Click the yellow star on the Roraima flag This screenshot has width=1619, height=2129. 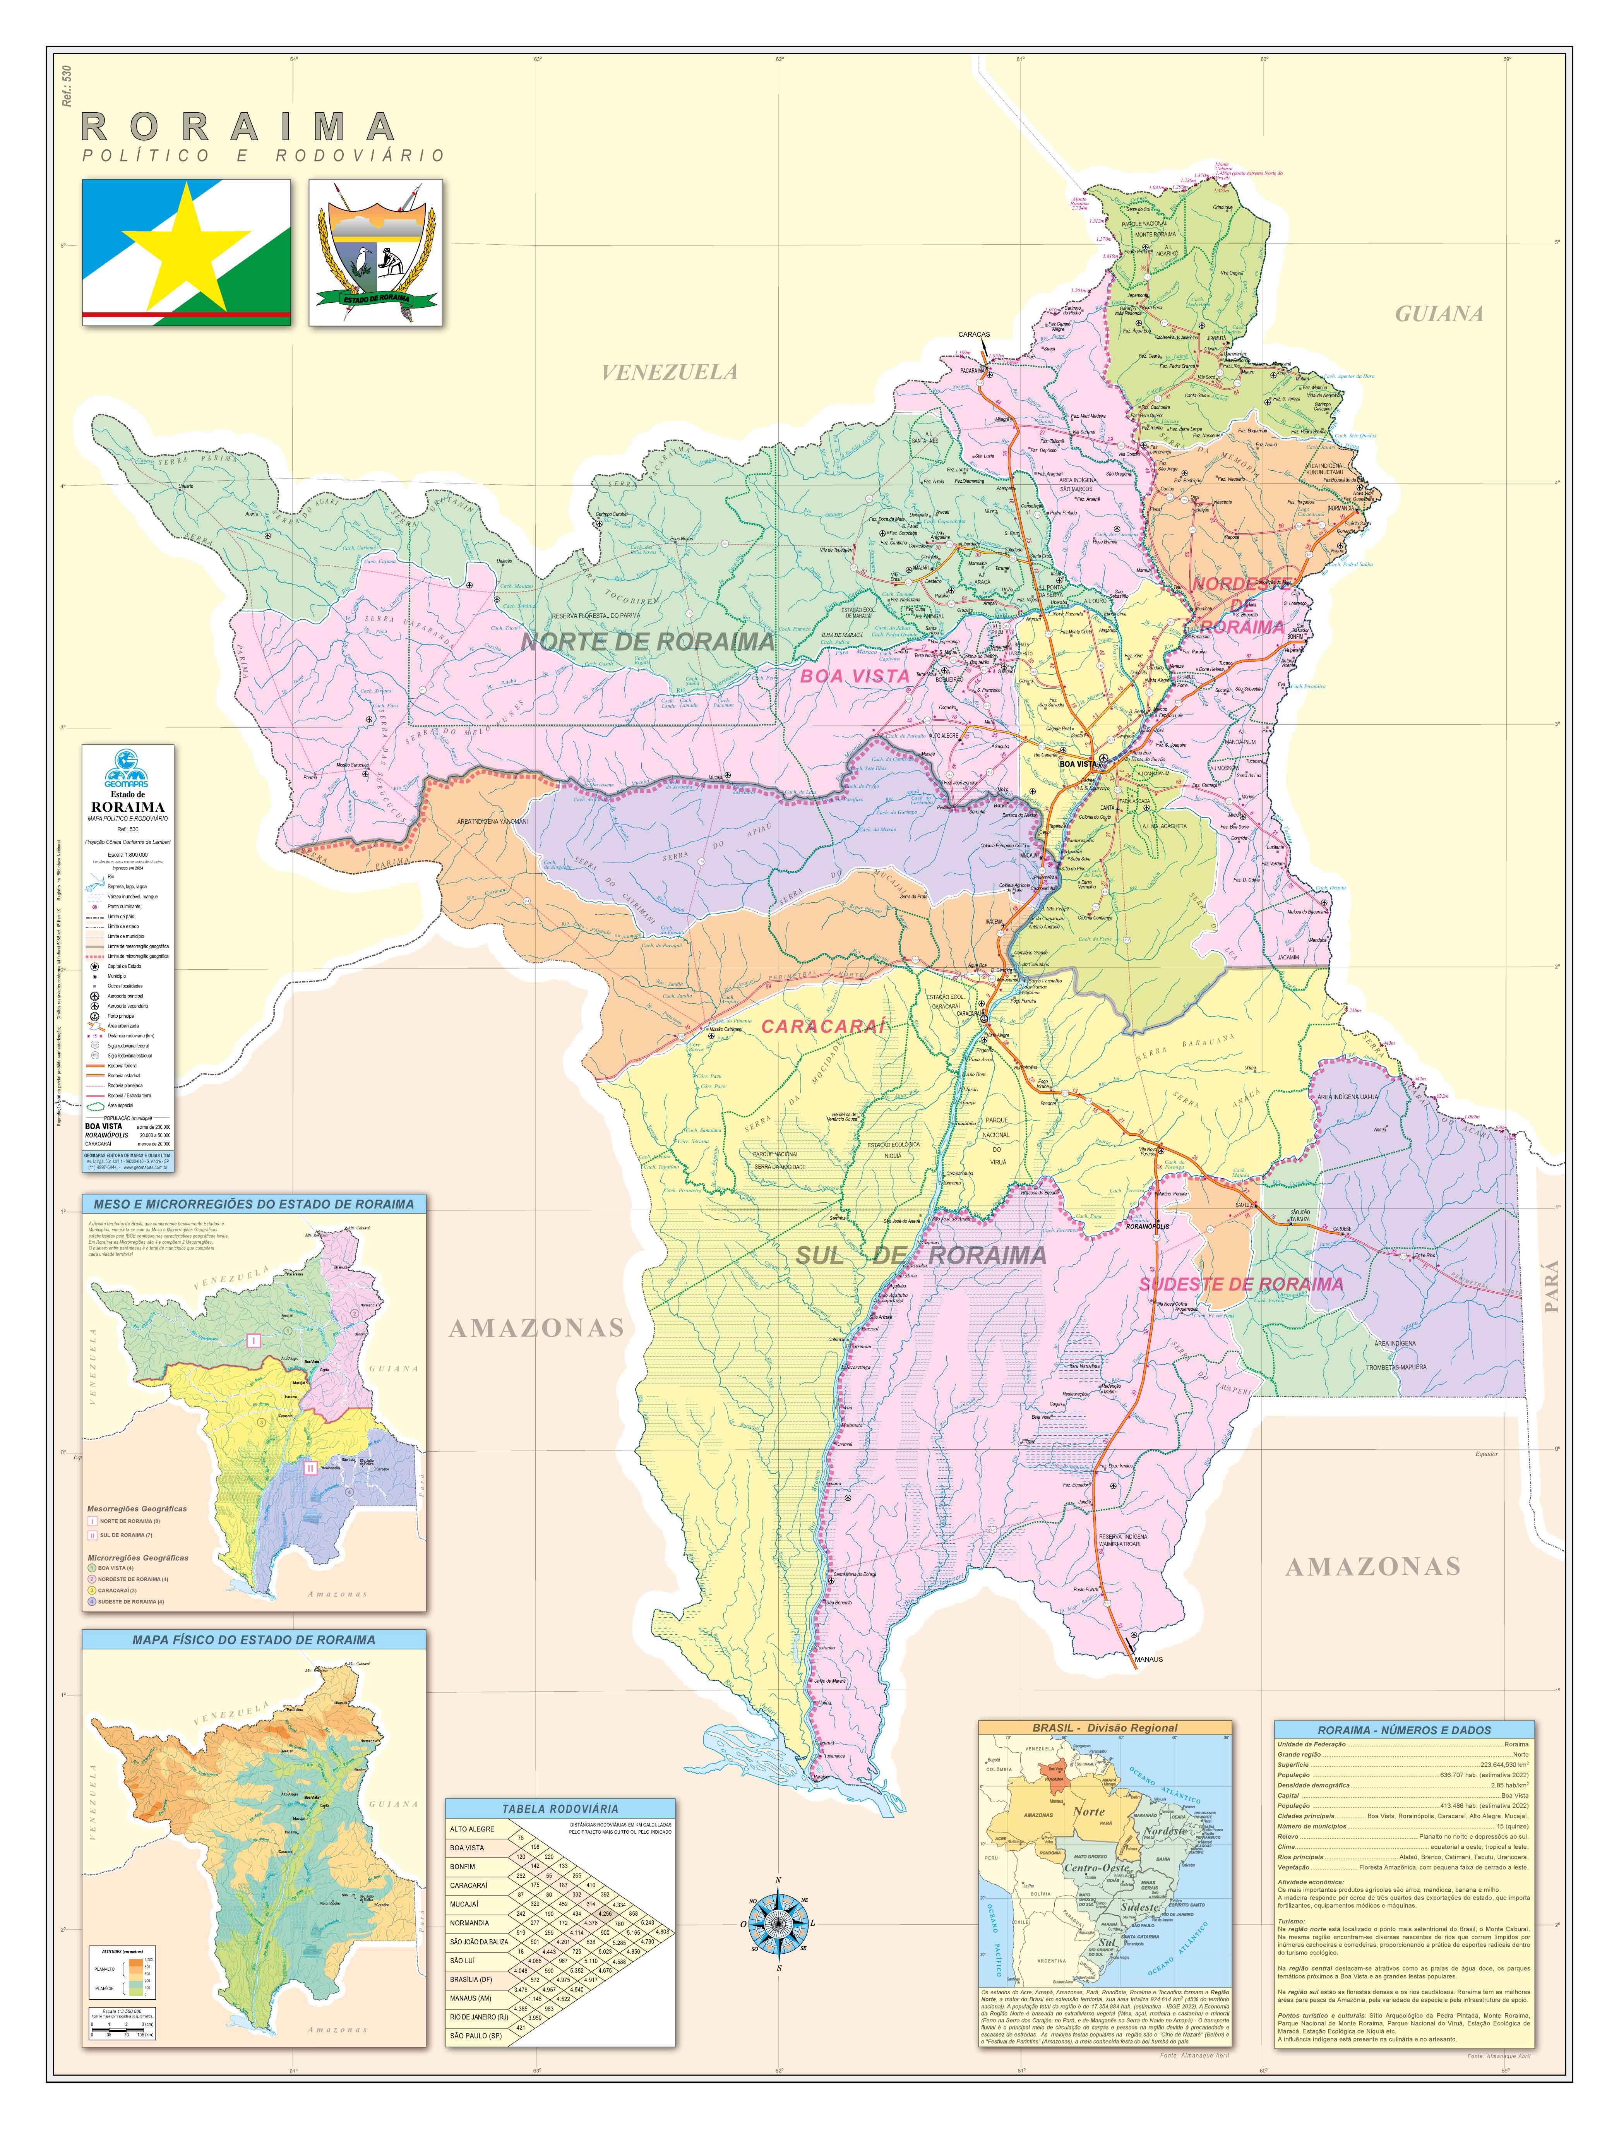pos(183,249)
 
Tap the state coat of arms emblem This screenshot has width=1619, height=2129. pos(376,252)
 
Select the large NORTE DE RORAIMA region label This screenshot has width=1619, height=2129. pos(648,642)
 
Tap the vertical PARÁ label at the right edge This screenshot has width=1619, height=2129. pos(1550,1287)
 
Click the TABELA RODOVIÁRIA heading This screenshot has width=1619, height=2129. pos(560,1809)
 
